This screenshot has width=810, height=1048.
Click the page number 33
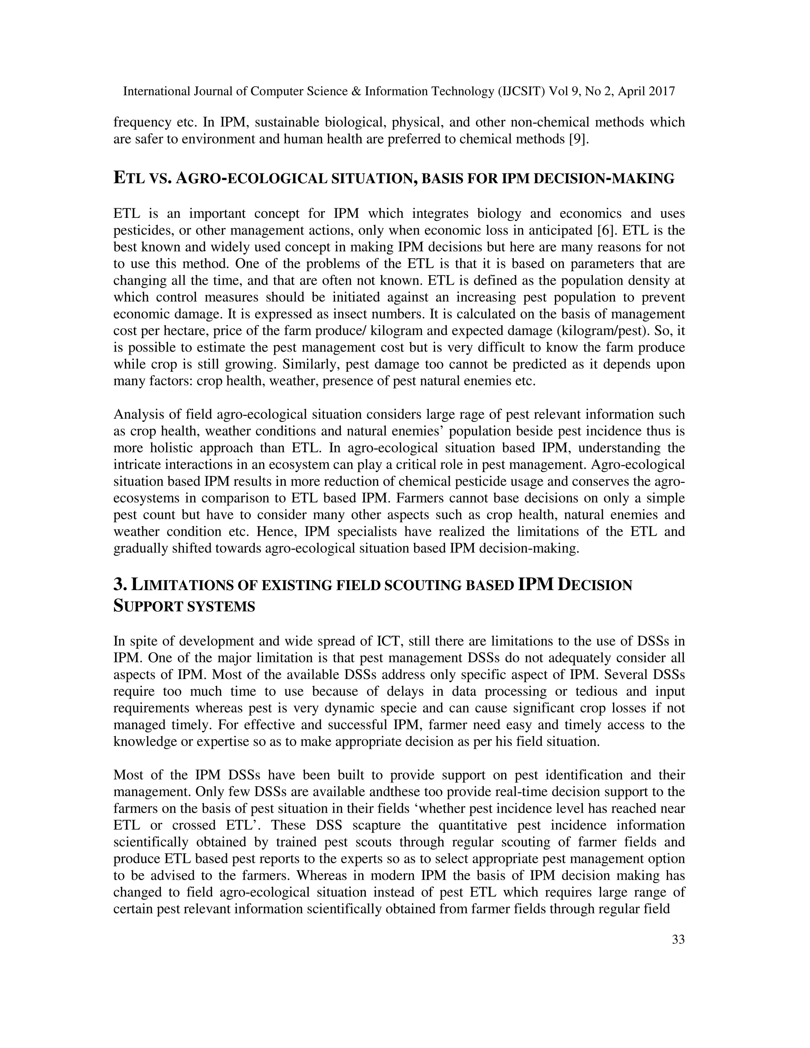coord(678,940)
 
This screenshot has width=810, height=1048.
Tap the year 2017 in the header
coord(662,91)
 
